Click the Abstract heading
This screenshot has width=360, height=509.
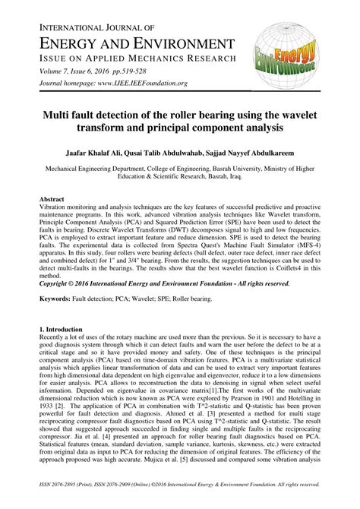point(52,199)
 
